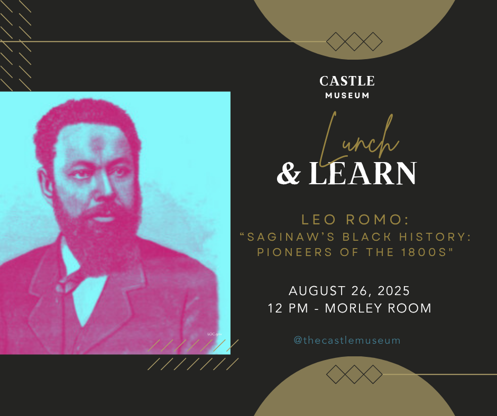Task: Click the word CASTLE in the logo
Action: pyautogui.click(x=347, y=81)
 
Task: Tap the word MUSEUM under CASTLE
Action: pyautogui.click(x=347, y=96)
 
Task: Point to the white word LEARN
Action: pyautogui.click(x=362, y=173)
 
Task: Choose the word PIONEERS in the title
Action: pyautogui.click(x=294, y=252)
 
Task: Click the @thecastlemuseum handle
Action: pyautogui.click(x=347, y=341)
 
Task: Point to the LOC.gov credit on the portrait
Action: pyautogui.click(x=215, y=334)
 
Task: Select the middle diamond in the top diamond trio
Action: pyautogui.click(x=354, y=42)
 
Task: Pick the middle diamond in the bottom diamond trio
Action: pyautogui.click(x=354, y=374)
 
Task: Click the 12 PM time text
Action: pyautogui.click(x=288, y=308)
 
